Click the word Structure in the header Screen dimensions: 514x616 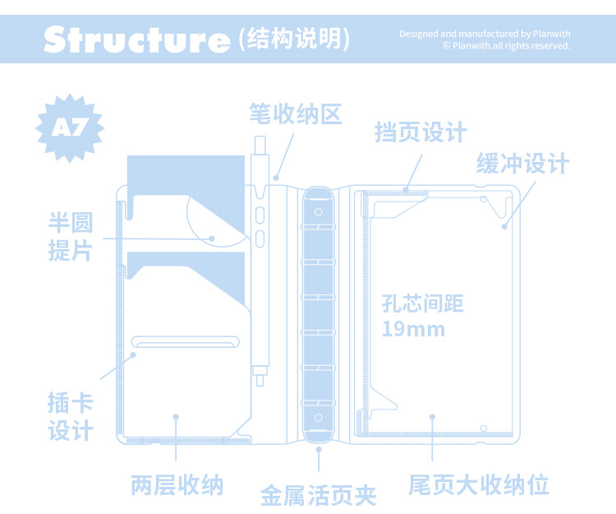pyautogui.click(x=136, y=39)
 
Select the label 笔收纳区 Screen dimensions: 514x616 pyautogui.click(x=295, y=113)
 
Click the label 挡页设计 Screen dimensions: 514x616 pyautogui.click(x=421, y=132)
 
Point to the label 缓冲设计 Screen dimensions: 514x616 pyautogui.click(x=522, y=164)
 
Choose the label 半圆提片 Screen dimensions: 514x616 pyautogui.click(x=71, y=236)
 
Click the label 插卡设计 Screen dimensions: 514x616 pyautogui.click(x=71, y=417)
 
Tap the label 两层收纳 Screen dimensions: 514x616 pyautogui.click(x=177, y=484)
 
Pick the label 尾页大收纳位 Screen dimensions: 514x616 pyautogui.click(x=479, y=484)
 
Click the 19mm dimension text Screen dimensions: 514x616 pyautogui.click(x=413, y=330)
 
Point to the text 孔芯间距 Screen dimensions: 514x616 pyautogui.click(x=423, y=304)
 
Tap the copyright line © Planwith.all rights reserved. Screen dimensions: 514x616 pyautogui.click(x=506, y=46)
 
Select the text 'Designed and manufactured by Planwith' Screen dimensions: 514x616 pyautogui.click(x=485, y=34)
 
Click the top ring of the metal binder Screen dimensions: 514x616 pyautogui.click(x=318, y=212)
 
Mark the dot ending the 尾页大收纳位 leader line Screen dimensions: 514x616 pyautogui.click(x=432, y=419)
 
